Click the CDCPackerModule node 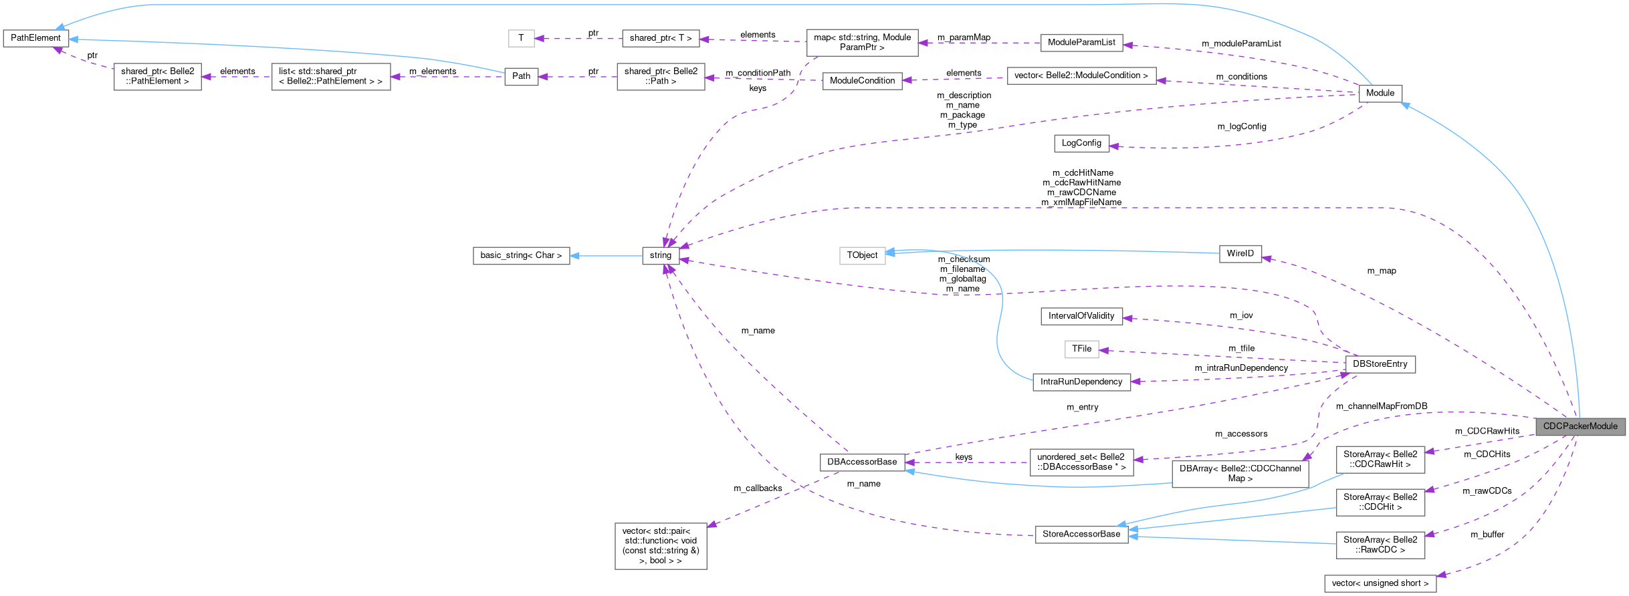pos(1580,426)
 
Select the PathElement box pos(35,38)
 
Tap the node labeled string pos(660,255)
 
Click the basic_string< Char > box pos(521,255)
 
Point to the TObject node pos(862,255)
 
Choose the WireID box pos(1240,254)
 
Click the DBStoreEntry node pos(1380,364)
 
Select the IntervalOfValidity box pos(1081,316)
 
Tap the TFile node pos(1081,349)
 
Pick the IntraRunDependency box pos(1081,382)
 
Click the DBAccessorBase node pos(862,462)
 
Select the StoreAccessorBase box pos(1081,534)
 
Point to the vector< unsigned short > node pos(1380,583)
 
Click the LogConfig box pos(1081,143)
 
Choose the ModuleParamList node pos(1081,42)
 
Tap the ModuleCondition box pos(862,81)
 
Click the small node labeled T pos(521,38)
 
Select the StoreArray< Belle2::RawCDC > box pos(1380,545)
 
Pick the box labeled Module pos(1380,93)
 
